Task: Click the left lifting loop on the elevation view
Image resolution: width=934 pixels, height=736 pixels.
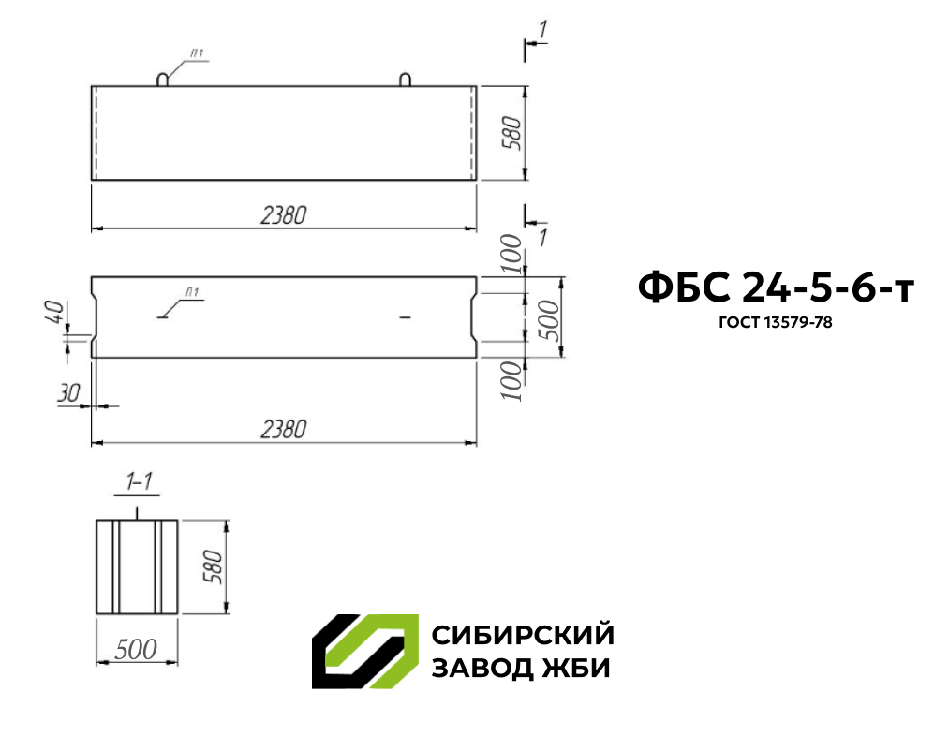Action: click(x=163, y=80)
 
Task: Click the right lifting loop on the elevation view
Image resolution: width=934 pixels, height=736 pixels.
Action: click(x=405, y=80)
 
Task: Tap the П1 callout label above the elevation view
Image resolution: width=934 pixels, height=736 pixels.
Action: click(x=197, y=53)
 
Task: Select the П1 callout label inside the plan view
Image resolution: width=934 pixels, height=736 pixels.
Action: click(x=192, y=292)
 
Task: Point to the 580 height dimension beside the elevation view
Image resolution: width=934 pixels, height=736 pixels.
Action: click(x=511, y=133)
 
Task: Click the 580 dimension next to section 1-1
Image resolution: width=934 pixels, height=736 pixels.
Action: click(x=213, y=567)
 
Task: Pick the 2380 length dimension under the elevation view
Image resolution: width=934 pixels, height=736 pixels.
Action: click(x=284, y=215)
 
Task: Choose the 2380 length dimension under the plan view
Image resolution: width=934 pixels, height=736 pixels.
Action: click(x=284, y=429)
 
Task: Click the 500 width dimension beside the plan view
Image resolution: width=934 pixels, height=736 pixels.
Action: click(x=550, y=319)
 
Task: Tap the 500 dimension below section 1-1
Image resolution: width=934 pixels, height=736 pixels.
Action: click(x=136, y=649)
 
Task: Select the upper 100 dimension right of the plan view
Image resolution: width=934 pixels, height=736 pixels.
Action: click(x=511, y=253)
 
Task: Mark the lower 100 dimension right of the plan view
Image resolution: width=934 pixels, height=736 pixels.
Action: click(x=511, y=380)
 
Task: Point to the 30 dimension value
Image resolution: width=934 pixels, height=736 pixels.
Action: click(x=68, y=393)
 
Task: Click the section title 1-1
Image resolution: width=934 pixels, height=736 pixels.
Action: click(x=140, y=480)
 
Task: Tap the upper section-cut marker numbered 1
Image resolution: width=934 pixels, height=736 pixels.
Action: click(x=542, y=30)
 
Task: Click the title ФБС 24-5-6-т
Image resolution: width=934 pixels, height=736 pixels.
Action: click(x=776, y=287)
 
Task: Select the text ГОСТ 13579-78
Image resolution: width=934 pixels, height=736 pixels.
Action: click(x=776, y=322)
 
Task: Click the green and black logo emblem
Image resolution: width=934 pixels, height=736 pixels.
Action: click(x=365, y=652)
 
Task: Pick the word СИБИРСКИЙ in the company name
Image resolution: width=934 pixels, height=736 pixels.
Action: click(x=523, y=635)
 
